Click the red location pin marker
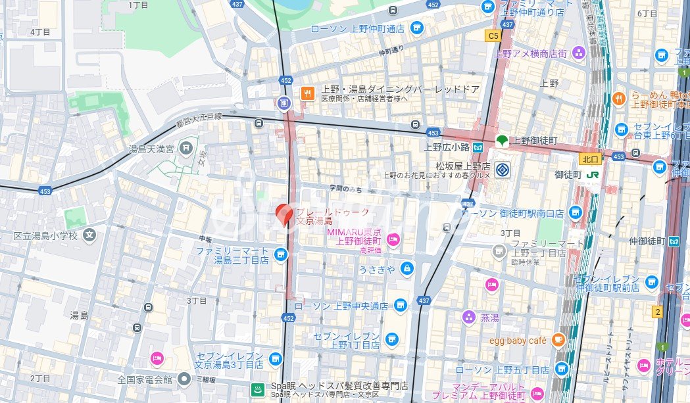[283, 214]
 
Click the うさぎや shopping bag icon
[407, 268]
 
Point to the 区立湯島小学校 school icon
[90, 235]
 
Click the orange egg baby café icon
[558, 340]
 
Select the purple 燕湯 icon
[468, 318]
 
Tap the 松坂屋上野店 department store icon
[503, 167]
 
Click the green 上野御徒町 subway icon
[501, 141]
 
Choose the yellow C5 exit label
[493, 36]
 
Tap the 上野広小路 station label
[448, 147]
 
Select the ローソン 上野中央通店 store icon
[400, 306]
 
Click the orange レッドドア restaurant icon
[306, 93]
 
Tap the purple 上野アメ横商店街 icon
[579, 53]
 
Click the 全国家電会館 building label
[144, 379]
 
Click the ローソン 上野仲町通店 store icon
[416, 28]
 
